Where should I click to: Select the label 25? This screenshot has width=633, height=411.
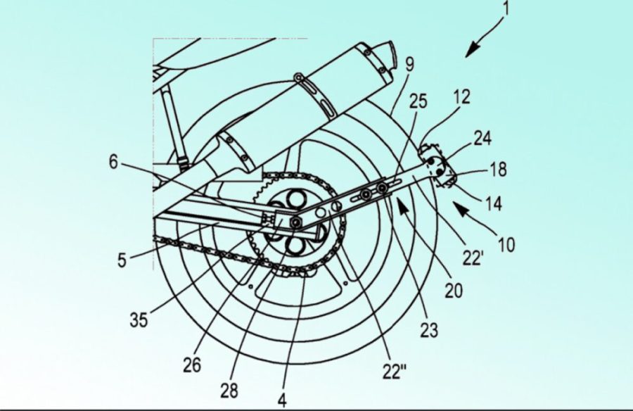(418, 101)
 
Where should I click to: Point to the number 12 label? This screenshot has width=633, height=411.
(462, 97)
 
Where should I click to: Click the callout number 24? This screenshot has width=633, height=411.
(482, 138)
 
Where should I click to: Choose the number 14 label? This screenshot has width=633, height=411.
(493, 203)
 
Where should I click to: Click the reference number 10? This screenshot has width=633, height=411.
(506, 244)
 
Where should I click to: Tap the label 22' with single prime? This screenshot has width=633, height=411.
(473, 258)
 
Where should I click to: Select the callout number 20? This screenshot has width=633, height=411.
(454, 290)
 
